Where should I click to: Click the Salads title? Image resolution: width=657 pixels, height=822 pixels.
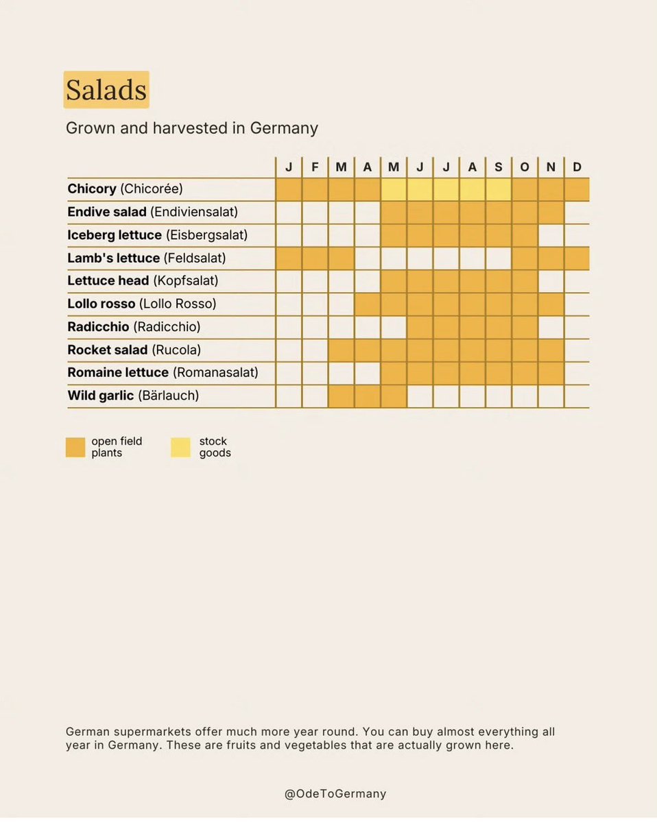coord(106,90)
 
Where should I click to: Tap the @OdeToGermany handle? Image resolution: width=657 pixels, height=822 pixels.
coord(335,793)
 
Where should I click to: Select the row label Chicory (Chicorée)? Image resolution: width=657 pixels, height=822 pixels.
coord(125,189)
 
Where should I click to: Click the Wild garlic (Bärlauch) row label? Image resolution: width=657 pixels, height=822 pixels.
coord(133,396)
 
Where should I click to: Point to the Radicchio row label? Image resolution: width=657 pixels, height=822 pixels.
coord(134,326)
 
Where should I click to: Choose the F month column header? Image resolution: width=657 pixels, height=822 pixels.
coord(315,167)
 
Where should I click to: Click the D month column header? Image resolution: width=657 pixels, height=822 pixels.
coord(577,167)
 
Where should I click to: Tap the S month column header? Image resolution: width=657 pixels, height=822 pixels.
coord(499,167)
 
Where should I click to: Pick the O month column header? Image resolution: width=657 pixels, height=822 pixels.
coord(525,167)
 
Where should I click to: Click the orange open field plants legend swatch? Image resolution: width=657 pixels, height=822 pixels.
coord(75,447)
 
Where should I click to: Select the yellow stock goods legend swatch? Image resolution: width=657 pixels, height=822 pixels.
coord(180,447)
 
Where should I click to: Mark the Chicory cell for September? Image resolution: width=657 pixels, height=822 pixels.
coord(499,189)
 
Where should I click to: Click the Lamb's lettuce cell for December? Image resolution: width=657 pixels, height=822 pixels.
coord(577,258)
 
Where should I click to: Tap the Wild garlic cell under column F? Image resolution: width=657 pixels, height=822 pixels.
coord(315,396)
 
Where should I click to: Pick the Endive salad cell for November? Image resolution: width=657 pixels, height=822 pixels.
coord(551,213)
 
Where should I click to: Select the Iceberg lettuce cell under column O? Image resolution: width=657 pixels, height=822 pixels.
coord(525,235)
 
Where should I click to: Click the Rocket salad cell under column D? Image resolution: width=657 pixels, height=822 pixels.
coord(577,350)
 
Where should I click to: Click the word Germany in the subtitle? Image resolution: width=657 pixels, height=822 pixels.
coord(284,128)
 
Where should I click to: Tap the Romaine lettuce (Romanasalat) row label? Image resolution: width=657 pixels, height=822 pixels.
coord(163,372)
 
